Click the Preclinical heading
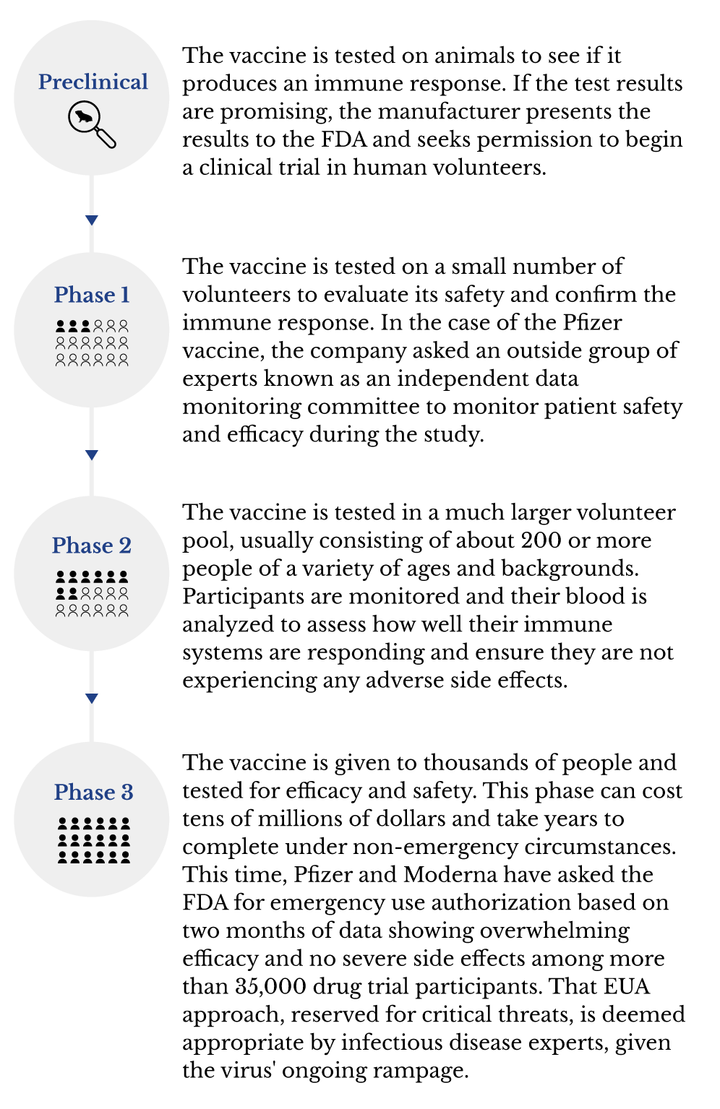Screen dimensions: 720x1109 click(93, 82)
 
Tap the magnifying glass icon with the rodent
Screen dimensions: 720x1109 click(92, 124)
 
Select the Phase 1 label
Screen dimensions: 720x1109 click(92, 295)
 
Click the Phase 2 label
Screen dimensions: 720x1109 click(92, 545)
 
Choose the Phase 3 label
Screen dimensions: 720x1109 click(93, 792)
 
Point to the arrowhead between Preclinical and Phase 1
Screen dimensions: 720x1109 click(92, 220)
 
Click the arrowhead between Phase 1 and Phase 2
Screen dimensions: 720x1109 click(92, 455)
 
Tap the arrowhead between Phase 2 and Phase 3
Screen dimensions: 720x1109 click(92, 699)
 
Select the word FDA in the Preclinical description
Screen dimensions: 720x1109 click(344, 139)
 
